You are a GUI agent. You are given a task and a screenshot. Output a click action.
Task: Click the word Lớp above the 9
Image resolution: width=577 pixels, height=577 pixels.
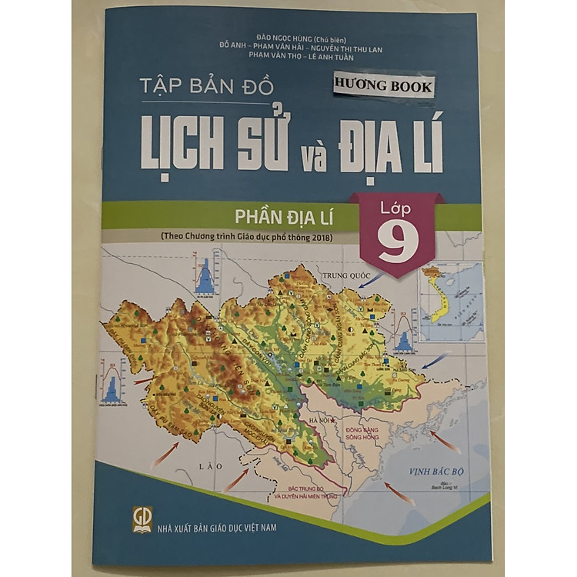coord(395,208)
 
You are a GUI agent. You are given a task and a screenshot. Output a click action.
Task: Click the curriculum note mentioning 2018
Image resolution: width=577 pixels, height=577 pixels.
coord(246,237)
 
